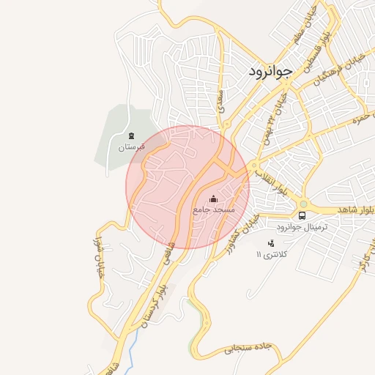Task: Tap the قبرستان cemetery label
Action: click(x=132, y=147)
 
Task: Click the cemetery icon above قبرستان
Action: click(x=132, y=135)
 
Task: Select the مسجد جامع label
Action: click(x=213, y=209)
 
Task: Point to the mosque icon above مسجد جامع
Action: click(x=213, y=198)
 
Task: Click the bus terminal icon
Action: click(x=302, y=215)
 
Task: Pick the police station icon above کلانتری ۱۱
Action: click(x=271, y=242)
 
